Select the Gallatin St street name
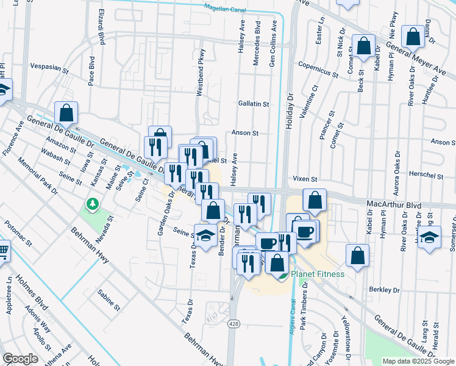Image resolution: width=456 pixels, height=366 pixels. [254, 104]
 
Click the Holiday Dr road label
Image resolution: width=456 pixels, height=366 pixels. [290, 106]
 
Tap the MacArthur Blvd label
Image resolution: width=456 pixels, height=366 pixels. [395, 205]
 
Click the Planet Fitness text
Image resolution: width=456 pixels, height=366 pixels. [318, 274]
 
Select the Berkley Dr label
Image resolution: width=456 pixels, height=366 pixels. [383, 290]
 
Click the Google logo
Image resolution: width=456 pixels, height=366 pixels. [20, 359]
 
